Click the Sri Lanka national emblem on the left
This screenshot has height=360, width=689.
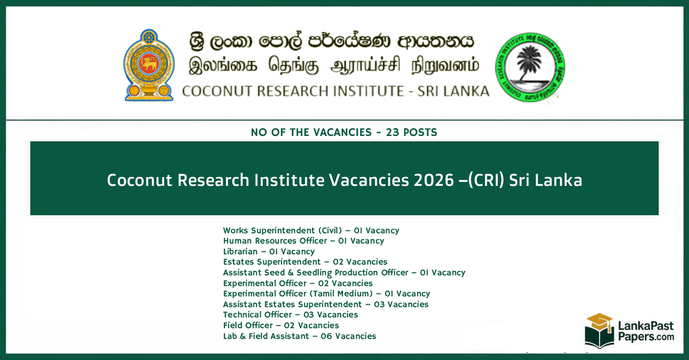click(x=149, y=65)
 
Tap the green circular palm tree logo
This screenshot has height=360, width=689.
click(x=530, y=67)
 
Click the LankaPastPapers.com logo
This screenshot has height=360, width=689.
click(x=629, y=330)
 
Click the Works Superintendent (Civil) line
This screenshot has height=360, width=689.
click(x=311, y=230)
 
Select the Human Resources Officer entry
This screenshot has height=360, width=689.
click(x=303, y=241)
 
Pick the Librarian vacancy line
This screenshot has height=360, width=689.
click(x=269, y=251)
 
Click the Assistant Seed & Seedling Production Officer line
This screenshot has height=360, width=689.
click(x=344, y=272)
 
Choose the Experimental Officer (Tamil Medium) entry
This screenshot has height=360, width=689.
click(x=326, y=293)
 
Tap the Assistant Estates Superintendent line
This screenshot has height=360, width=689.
click(x=325, y=304)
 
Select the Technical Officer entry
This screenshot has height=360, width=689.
click(x=290, y=315)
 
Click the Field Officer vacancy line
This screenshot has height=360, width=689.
click(x=281, y=325)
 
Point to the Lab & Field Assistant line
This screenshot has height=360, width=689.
click(x=299, y=336)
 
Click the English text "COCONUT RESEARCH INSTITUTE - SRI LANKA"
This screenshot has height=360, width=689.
click(x=335, y=91)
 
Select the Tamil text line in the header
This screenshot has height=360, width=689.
click(x=334, y=67)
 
